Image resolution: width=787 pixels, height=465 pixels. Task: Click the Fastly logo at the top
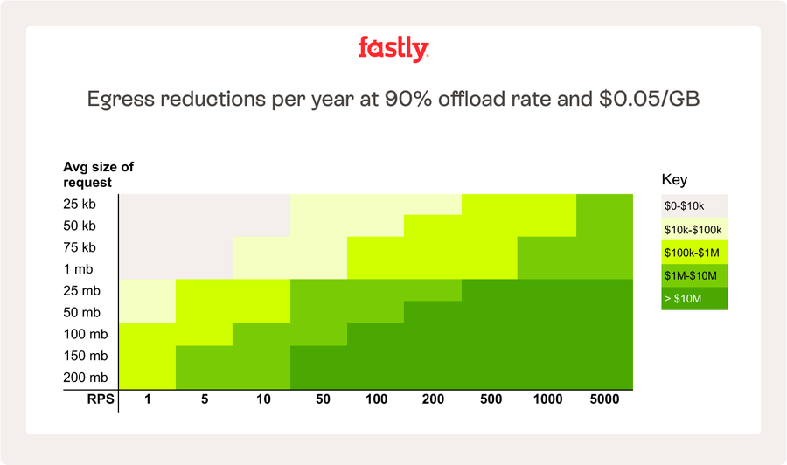pyautogui.click(x=393, y=49)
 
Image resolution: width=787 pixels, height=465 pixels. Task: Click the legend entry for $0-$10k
pyautogui.click(x=694, y=206)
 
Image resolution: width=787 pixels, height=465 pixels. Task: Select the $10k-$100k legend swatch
pyautogui.click(x=694, y=230)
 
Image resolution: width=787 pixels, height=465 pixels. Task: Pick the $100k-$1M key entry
pyautogui.click(x=694, y=253)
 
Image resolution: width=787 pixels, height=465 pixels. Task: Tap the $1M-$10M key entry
pyautogui.click(x=694, y=276)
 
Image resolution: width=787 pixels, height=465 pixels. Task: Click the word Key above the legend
pyautogui.click(x=674, y=180)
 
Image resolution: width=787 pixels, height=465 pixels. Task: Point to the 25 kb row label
pyautogui.click(x=80, y=205)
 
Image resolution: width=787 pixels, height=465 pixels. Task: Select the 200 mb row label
pyautogui.click(x=85, y=378)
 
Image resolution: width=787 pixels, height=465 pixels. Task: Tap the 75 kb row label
pyautogui.click(x=80, y=247)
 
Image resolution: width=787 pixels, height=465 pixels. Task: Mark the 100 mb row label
pyautogui.click(x=85, y=334)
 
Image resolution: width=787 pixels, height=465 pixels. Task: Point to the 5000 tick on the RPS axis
pyautogui.click(x=604, y=399)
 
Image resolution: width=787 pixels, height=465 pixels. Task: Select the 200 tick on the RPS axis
pyautogui.click(x=432, y=399)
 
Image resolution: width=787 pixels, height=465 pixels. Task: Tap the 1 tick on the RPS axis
pyautogui.click(x=147, y=399)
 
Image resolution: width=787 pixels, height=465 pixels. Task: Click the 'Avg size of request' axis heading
pyautogui.click(x=98, y=175)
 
